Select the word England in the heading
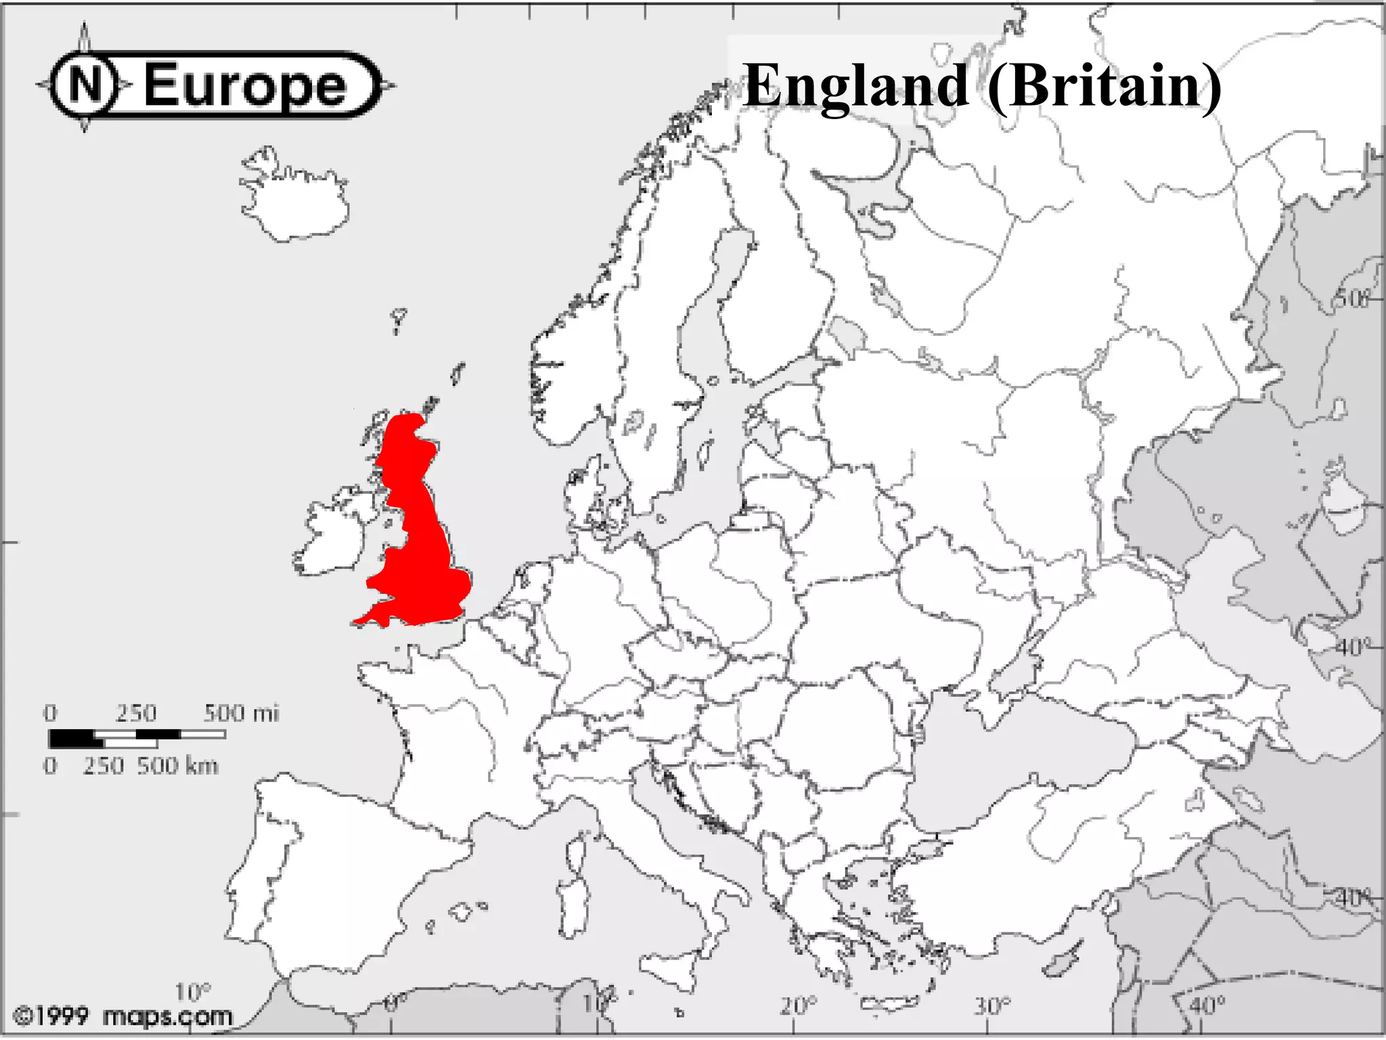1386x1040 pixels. click(855, 87)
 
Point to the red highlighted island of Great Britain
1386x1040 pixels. click(420, 542)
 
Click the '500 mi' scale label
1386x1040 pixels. click(241, 713)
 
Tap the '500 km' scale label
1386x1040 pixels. click(177, 766)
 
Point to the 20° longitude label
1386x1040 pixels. click(798, 1006)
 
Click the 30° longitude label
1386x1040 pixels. click(991, 1006)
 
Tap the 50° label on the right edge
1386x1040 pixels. click(1351, 299)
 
